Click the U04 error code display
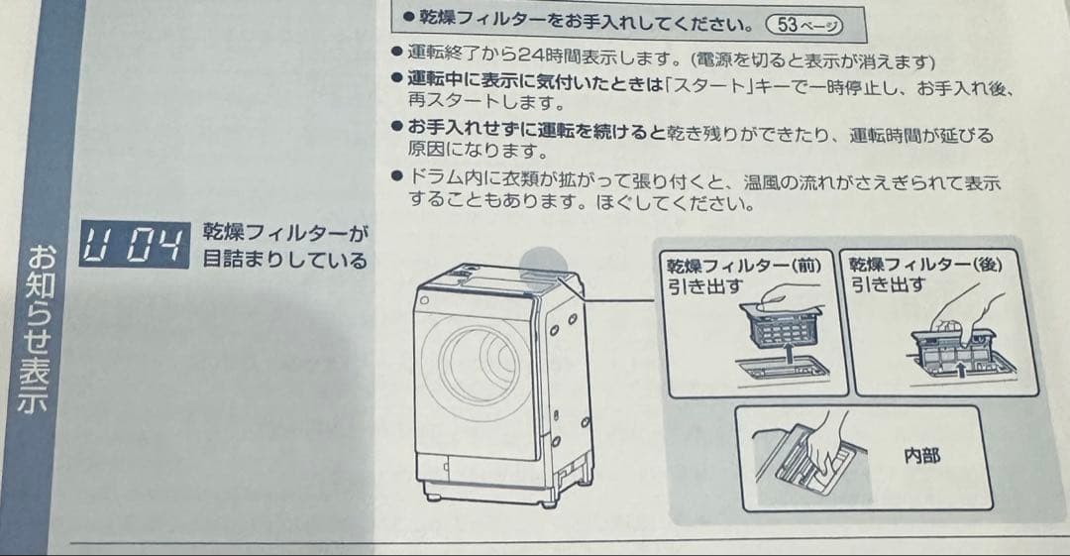pos(134,246)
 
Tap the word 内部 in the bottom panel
pos(921,456)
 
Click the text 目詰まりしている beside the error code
pos(284,262)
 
